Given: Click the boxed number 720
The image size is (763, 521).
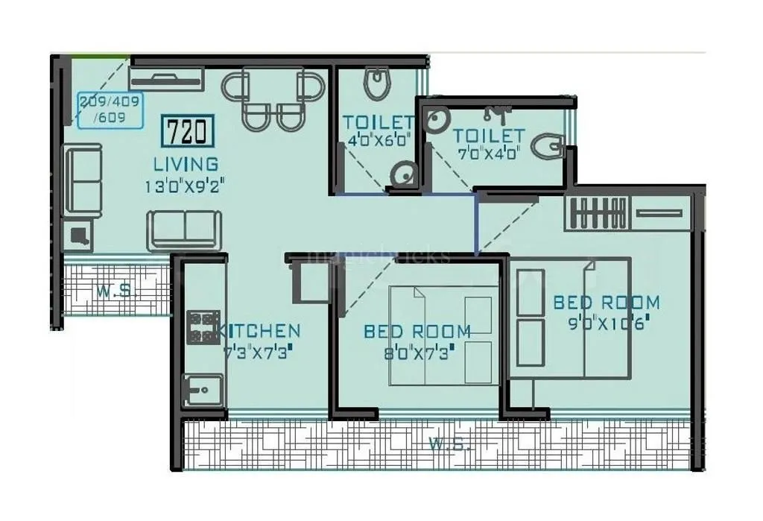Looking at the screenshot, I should (x=187, y=132).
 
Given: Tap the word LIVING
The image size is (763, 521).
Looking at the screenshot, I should (x=186, y=164).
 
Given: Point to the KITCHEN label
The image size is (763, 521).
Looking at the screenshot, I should (x=261, y=331).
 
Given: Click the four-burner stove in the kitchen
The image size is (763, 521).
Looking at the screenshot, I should (x=201, y=328).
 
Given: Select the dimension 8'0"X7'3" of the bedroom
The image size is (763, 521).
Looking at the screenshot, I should (x=417, y=353).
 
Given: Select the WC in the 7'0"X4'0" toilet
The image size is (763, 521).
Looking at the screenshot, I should (x=550, y=146).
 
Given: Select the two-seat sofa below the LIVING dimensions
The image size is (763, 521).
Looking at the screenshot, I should (x=183, y=230).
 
